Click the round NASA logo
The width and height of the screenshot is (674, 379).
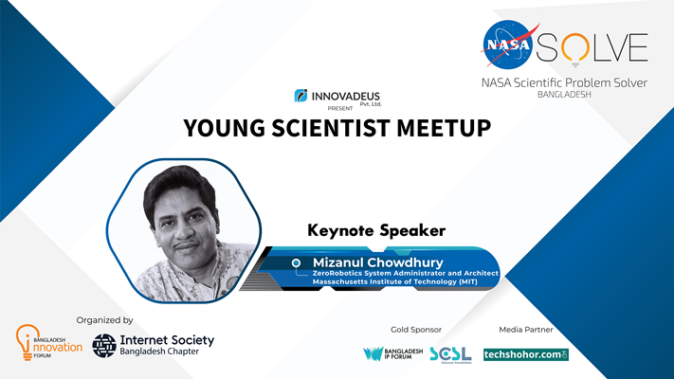(x=508, y=45)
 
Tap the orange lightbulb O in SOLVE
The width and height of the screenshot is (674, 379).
(x=575, y=48)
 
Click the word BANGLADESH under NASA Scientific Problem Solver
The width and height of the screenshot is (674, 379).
(x=564, y=95)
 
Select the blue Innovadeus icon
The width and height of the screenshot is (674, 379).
(x=301, y=96)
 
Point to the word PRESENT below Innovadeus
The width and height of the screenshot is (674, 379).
(x=340, y=108)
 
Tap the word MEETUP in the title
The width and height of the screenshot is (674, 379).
(x=444, y=128)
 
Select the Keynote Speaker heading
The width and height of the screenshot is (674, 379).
(x=376, y=231)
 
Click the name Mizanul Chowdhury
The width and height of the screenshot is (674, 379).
(x=378, y=262)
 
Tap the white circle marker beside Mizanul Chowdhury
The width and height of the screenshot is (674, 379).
(x=296, y=262)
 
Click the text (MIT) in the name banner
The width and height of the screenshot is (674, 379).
(x=467, y=282)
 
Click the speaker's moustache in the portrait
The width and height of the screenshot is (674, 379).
(x=186, y=245)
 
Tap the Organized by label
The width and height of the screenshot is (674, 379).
(x=104, y=320)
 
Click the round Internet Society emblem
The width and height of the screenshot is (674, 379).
(x=104, y=346)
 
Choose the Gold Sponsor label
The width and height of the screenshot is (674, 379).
(x=415, y=330)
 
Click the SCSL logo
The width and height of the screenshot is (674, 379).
(x=450, y=354)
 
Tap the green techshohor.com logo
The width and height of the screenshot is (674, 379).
(x=526, y=354)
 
